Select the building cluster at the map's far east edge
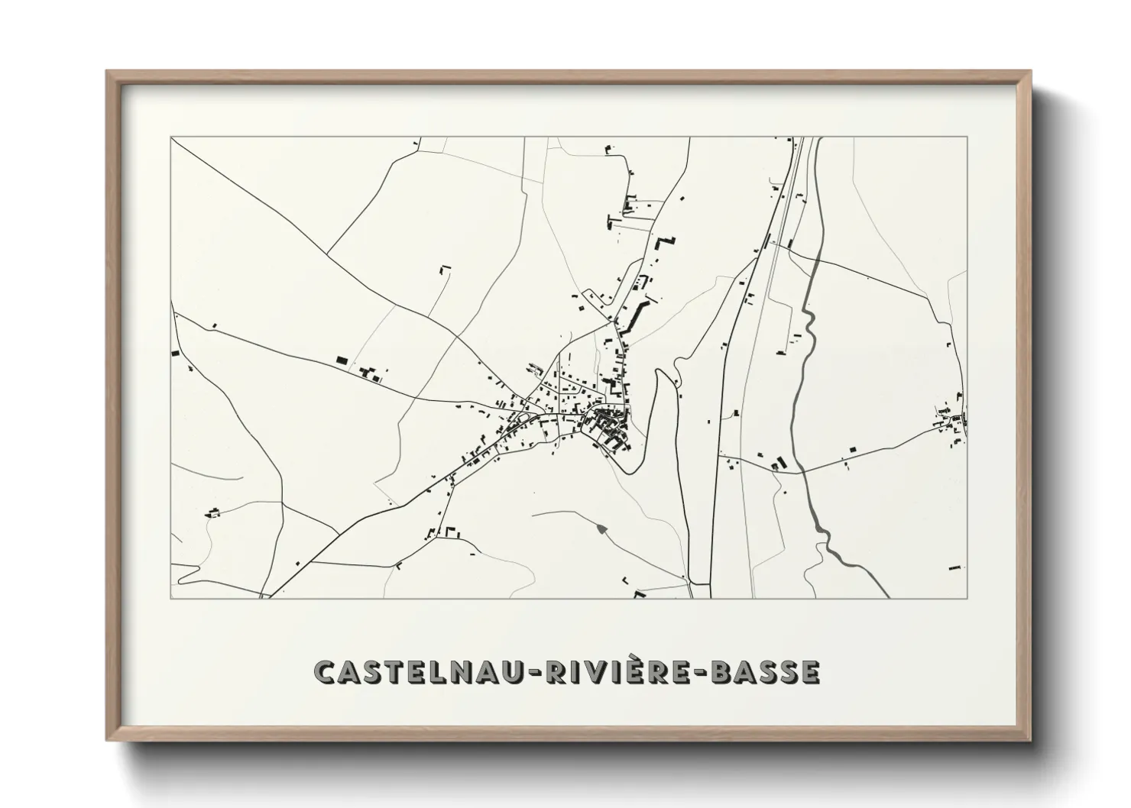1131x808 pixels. (954, 424)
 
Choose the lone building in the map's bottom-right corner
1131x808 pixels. (955, 567)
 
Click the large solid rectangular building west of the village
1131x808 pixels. (342, 359)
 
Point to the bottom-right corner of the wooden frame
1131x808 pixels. (1029, 739)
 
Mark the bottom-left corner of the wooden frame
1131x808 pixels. (108, 739)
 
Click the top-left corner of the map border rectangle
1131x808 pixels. (171, 137)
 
